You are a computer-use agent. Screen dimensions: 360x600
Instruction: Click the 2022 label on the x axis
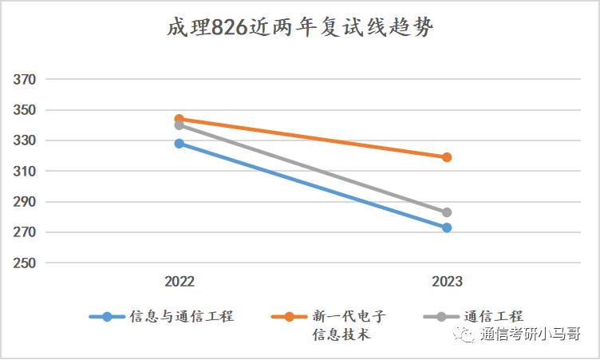(180, 282)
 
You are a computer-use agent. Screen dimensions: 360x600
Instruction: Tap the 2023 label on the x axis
(447, 282)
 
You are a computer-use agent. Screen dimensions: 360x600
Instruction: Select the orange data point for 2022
(180, 119)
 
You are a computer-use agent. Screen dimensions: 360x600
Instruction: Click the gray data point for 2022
(180, 125)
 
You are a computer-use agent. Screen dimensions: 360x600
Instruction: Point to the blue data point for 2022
(180, 144)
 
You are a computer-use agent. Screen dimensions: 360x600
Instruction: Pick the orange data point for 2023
(447, 157)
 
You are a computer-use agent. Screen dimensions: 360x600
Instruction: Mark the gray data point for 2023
(447, 212)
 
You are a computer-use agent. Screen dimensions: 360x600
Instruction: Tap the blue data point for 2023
(447, 227)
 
